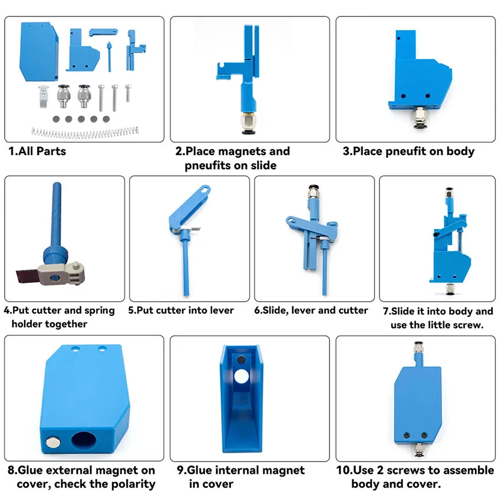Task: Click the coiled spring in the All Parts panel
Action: coord(85,132)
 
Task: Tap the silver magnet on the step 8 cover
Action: coord(52,442)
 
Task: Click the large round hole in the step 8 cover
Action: coord(84,440)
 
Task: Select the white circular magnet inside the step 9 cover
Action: coord(242,376)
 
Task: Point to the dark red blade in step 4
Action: coord(27,275)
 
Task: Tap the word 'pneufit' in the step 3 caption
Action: coord(406,151)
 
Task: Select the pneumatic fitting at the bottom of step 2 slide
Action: coord(249,123)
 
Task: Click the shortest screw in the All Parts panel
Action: coord(128,93)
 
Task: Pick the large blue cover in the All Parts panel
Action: coord(39,51)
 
